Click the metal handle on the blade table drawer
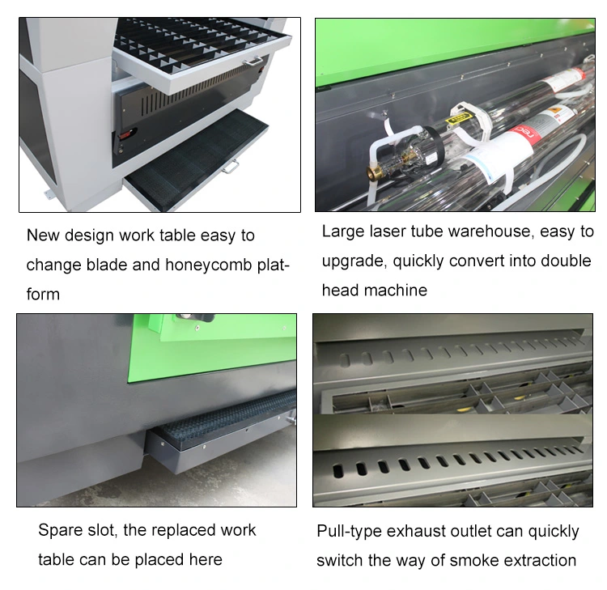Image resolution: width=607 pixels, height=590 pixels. coord(253,60)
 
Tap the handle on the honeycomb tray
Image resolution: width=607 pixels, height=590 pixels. coord(232,167)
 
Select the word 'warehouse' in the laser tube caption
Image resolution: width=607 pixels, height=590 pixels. coord(490,232)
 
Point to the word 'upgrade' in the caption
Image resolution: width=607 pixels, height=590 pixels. coord(352,261)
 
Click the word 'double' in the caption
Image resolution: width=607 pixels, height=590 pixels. coord(567,261)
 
